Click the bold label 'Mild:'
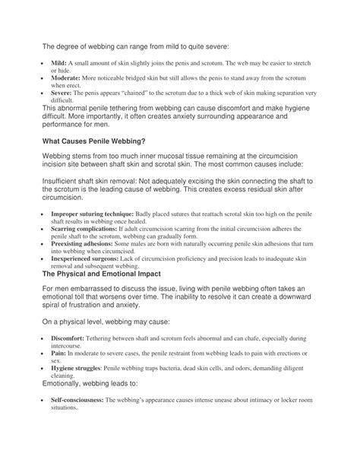tap(60, 61)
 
